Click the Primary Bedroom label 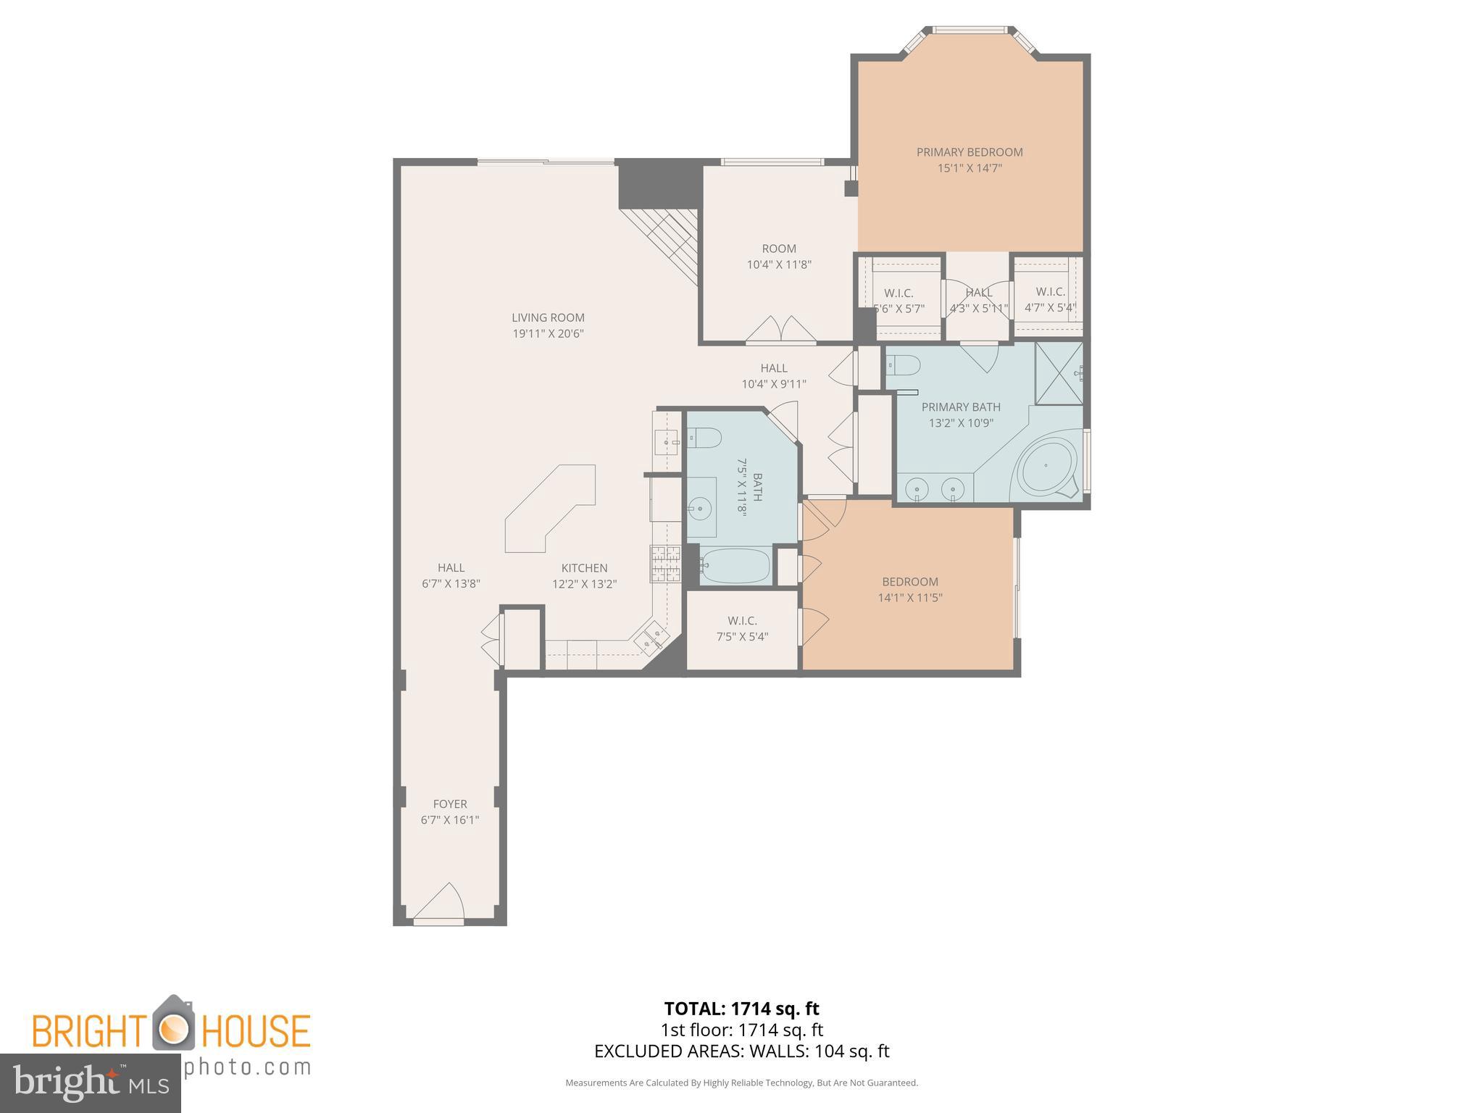click(x=969, y=152)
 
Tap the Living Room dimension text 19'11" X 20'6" click(x=548, y=334)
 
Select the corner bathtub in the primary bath click(x=1048, y=467)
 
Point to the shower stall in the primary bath click(x=1058, y=373)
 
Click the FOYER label click(x=449, y=804)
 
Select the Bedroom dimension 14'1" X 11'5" click(x=910, y=598)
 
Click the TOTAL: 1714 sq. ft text click(x=741, y=1009)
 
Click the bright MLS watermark click(x=90, y=1083)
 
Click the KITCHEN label click(x=584, y=568)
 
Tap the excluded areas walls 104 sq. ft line click(x=741, y=1051)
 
